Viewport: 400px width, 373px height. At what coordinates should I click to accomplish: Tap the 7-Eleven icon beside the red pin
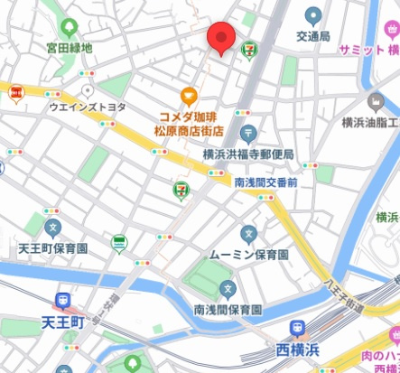[x=247, y=52]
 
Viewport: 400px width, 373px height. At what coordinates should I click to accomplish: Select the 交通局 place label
[x=313, y=38]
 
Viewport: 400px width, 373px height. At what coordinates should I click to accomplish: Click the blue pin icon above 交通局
[x=313, y=16]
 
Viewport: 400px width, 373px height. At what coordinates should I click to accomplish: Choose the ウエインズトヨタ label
[x=88, y=107]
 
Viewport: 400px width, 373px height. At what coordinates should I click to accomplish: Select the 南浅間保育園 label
[x=228, y=310]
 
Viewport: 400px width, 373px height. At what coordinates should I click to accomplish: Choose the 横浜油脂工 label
[x=370, y=122]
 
